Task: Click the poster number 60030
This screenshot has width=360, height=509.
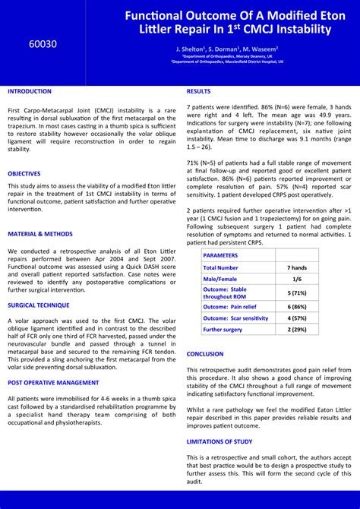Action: click(43, 44)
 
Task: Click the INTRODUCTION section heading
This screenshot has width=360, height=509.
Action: click(30, 91)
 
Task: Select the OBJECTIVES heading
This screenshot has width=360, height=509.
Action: click(24, 173)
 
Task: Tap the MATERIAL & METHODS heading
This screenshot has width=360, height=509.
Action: click(40, 234)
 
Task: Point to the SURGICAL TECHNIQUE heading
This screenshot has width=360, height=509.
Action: click(39, 305)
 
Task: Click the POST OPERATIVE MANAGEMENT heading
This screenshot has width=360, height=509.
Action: click(53, 383)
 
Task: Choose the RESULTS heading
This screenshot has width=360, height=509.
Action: click(199, 91)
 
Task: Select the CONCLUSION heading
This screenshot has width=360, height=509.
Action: click(205, 354)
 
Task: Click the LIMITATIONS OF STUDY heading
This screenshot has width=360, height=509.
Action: click(219, 441)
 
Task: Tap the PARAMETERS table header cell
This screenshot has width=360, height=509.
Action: click(220, 256)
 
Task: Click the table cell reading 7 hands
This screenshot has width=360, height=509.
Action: click(297, 267)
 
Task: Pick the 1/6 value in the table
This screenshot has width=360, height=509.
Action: click(297, 279)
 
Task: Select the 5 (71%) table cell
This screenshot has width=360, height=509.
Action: click(297, 292)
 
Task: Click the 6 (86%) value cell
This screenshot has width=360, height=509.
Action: click(297, 306)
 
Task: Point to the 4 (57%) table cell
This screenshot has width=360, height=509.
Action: click(297, 318)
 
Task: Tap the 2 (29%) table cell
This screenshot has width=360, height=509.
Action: click(297, 330)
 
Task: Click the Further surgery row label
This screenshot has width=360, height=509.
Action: click(223, 330)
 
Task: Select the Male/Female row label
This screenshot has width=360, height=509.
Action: click(220, 279)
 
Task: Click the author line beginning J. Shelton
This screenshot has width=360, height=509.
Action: click(227, 49)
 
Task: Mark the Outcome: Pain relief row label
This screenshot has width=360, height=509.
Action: click(230, 306)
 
